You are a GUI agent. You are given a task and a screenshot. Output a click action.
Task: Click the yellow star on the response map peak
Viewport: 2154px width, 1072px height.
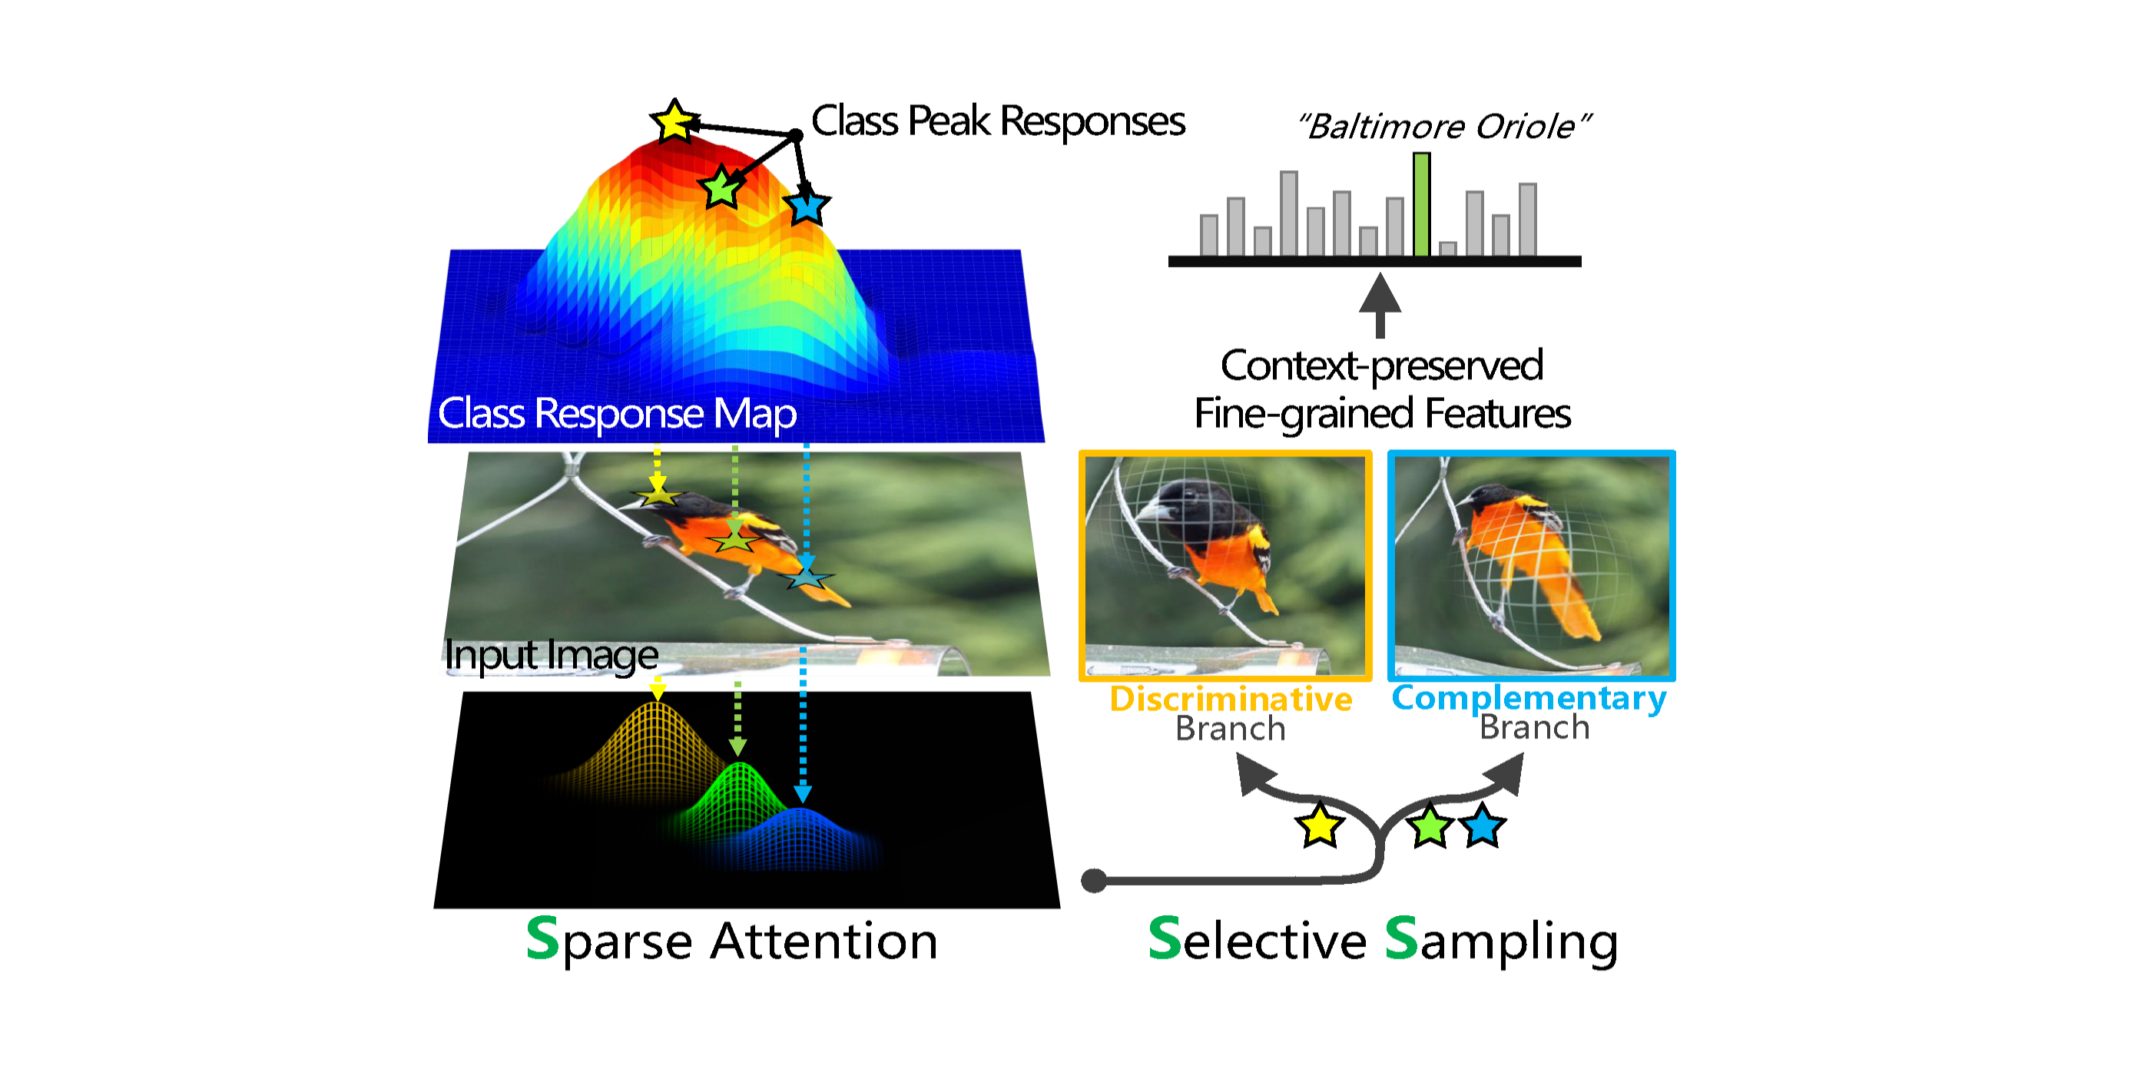tap(674, 123)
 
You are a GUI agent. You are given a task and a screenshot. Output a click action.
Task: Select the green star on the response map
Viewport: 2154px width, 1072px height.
tap(721, 187)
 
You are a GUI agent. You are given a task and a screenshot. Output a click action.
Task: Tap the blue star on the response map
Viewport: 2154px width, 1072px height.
tap(807, 206)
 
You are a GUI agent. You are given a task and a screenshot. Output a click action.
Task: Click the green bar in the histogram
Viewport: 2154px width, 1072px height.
tap(1420, 205)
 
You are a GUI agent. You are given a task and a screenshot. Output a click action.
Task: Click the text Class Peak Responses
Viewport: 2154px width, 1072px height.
tap(998, 121)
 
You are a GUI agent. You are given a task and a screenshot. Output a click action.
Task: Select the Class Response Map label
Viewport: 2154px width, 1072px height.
tap(617, 413)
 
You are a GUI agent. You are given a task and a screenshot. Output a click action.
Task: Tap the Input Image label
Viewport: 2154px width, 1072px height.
tap(551, 655)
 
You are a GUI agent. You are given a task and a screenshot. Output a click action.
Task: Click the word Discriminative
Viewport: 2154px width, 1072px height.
tap(1231, 699)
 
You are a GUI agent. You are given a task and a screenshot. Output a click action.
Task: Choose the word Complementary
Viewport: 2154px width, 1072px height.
tap(1529, 697)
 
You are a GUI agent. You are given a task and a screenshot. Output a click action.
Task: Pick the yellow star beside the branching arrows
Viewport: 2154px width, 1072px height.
tap(1320, 826)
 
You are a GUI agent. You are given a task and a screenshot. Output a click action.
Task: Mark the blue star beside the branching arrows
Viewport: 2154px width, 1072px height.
tap(1483, 826)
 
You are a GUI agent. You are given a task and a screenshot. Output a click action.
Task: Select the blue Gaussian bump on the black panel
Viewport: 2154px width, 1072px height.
tap(801, 828)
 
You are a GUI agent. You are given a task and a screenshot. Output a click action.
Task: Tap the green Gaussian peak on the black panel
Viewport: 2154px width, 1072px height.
tap(739, 782)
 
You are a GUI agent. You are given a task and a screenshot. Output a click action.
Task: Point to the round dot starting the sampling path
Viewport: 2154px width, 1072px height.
tap(1094, 880)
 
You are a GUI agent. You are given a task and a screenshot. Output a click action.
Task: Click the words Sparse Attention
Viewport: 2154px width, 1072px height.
tap(731, 941)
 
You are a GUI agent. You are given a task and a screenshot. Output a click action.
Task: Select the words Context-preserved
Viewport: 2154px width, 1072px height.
tap(1381, 366)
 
